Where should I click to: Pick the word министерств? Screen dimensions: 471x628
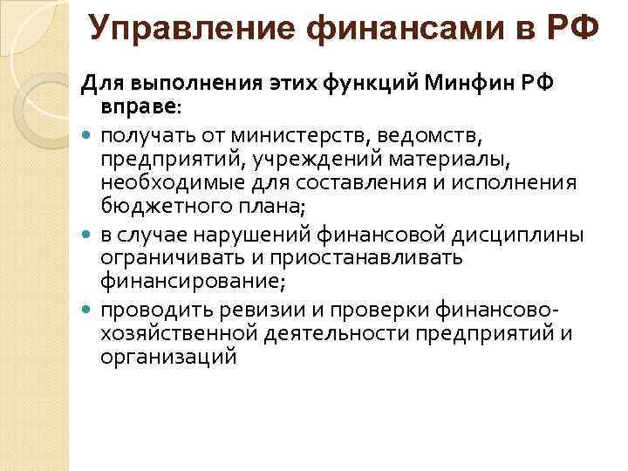point(307,135)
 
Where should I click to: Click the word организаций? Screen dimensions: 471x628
point(168,357)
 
